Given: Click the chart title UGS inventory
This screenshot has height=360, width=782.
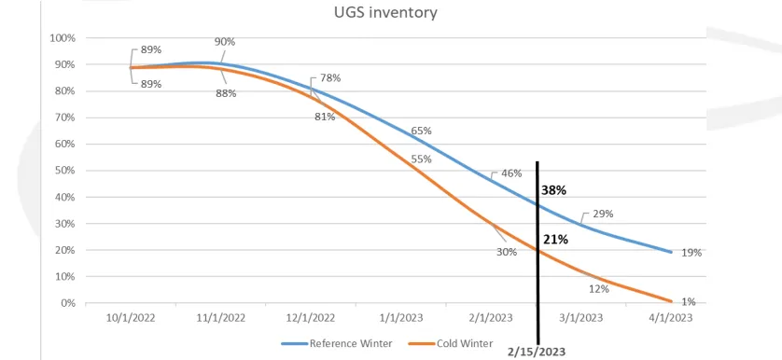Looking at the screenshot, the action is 385,12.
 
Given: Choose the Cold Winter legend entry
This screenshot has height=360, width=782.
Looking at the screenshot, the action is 451,343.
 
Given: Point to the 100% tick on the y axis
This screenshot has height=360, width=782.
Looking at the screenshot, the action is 63,38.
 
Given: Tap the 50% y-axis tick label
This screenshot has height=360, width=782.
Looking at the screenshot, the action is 64,171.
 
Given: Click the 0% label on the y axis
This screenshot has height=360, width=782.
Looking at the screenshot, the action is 67,303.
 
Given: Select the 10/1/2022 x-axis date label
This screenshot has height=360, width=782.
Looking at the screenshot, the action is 130,318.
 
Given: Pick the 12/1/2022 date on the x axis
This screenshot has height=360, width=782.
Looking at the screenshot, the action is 310,318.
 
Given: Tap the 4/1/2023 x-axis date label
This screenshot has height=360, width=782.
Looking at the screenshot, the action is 672,318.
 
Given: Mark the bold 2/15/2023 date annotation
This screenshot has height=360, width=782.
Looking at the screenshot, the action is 537,352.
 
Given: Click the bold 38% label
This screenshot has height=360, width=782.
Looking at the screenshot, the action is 553,190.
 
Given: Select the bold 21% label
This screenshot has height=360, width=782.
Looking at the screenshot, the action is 555,240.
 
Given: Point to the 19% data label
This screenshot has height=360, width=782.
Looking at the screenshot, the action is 691,253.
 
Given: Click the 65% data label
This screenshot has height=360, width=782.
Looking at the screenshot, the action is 422,132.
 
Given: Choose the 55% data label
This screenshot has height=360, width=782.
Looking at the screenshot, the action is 422,159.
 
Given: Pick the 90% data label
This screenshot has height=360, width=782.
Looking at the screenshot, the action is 225,42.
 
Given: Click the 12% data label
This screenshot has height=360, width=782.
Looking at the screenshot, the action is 598,289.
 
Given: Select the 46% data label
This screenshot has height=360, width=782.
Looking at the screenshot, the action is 511,173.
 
